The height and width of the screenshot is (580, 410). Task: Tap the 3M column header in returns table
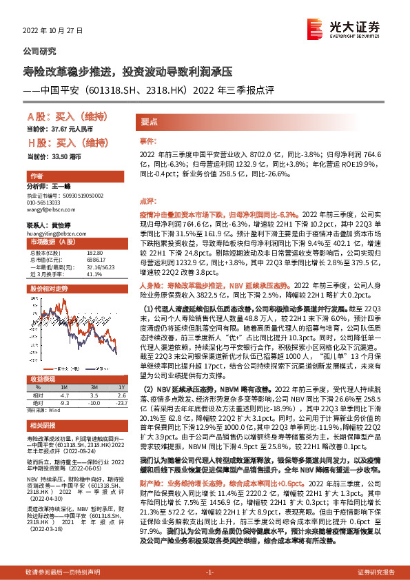[94, 388]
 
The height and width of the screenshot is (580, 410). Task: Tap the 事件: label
[148, 140]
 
